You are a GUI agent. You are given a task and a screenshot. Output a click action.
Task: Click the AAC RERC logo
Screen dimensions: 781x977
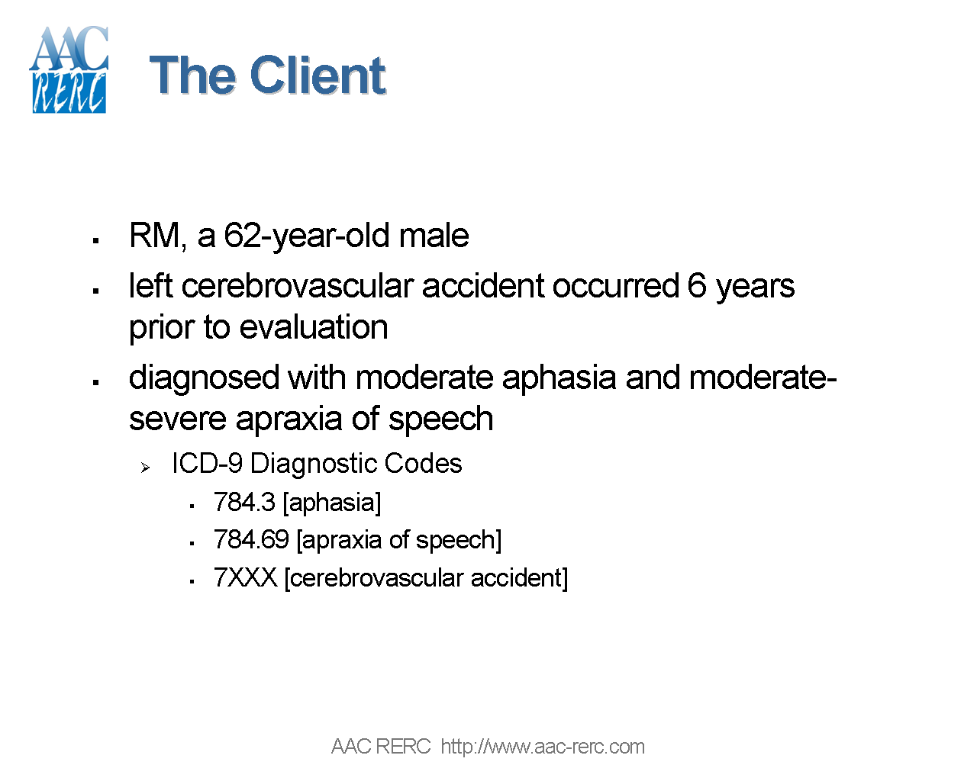point(69,70)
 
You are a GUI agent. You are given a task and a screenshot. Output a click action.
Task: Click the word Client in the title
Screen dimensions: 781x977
point(318,76)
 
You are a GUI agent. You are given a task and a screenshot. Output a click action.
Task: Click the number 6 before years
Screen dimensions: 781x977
point(696,286)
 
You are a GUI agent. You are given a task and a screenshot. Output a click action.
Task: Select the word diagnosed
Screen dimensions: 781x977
point(204,378)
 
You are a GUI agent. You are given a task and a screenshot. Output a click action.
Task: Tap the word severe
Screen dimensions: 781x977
point(179,419)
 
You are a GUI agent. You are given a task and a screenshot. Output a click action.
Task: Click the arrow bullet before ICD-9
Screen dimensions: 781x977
point(145,467)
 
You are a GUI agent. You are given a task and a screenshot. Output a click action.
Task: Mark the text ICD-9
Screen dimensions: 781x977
point(207,464)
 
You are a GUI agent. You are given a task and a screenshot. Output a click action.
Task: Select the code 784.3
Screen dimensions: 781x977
point(244,503)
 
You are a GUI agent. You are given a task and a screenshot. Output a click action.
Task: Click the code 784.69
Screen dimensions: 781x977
point(251,540)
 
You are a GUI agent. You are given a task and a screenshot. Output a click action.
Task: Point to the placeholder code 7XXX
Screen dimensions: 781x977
point(245,578)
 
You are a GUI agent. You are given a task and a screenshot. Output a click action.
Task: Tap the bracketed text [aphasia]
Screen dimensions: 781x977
point(331,503)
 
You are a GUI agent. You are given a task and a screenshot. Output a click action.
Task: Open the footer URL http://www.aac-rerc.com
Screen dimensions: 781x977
point(543,747)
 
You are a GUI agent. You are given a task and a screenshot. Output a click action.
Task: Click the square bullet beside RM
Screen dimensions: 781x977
point(96,240)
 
